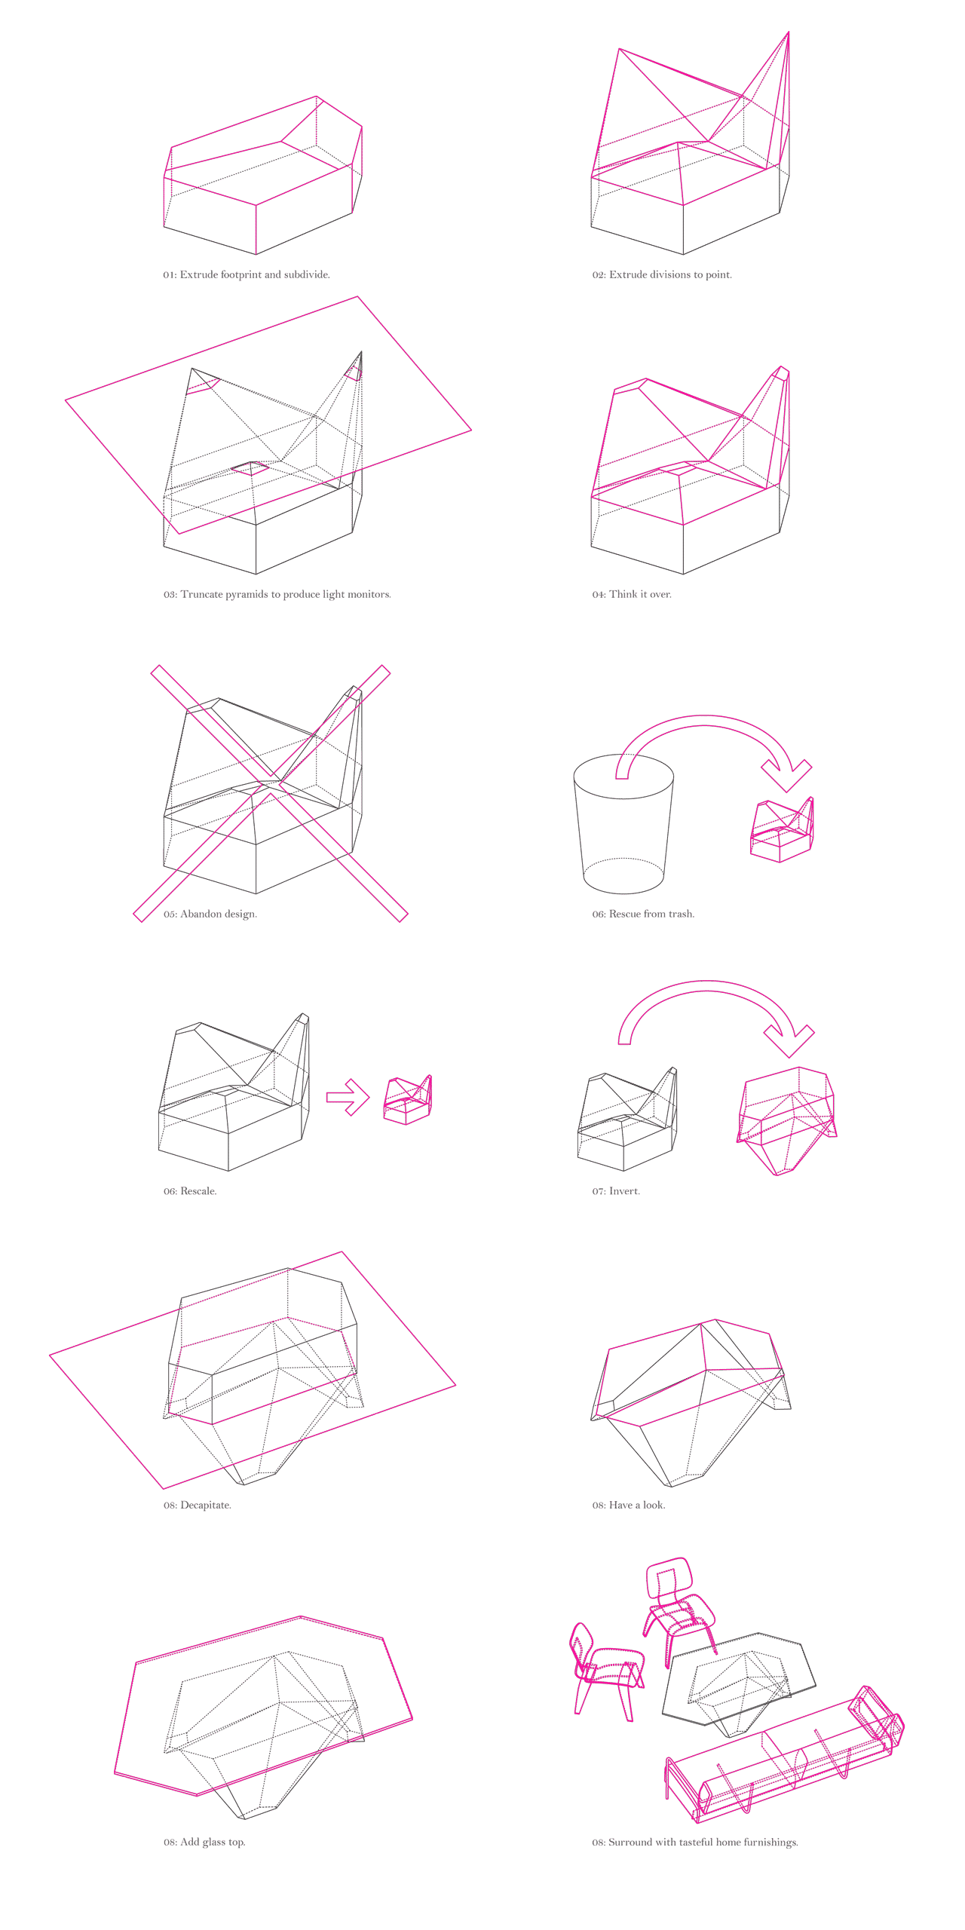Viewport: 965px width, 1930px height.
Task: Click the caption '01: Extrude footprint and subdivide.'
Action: click(x=247, y=274)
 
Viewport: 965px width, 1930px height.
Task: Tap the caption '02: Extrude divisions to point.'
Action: click(x=661, y=274)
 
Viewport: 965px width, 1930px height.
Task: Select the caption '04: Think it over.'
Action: click(x=631, y=594)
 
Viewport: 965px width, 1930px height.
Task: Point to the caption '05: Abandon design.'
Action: click(x=210, y=914)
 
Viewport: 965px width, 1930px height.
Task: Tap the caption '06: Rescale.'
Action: click(x=190, y=1191)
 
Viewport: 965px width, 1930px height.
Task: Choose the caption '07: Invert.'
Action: click(x=615, y=1191)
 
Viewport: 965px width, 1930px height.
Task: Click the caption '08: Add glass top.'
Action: click(x=204, y=1842)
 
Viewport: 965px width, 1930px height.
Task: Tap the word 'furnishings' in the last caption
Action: click(x=770, y=1842)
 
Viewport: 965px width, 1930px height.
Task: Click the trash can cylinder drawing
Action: click(x=623, y=822)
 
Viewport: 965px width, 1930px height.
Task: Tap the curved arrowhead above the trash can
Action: click(x=786, y=775)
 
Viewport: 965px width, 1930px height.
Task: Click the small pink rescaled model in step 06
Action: click(x=408, y=1100)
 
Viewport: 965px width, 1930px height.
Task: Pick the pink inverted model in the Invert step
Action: click(x=786, y=1120)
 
